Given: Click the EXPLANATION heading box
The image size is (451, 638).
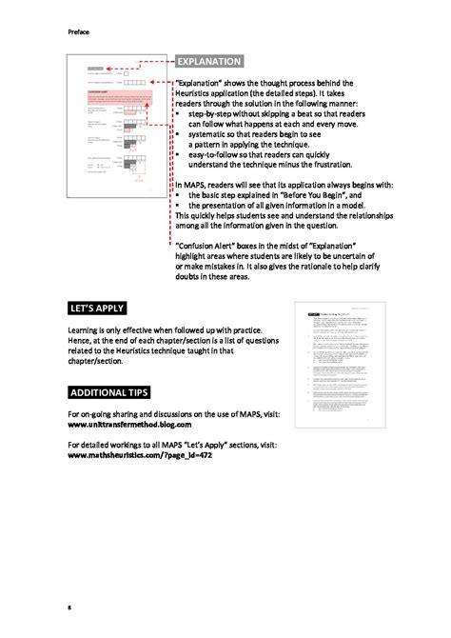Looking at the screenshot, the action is (x=209, y=62).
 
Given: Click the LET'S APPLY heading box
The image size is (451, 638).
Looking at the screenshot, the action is (x=98, y=309).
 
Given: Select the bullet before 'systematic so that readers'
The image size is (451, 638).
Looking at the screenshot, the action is (x=178, y=134).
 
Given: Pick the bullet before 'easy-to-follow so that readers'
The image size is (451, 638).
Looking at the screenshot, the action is (x=178, y=154).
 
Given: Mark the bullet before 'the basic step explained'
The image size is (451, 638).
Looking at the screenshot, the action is (x=178, y=194).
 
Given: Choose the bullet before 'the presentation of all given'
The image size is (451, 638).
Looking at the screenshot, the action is (x=178, y=205).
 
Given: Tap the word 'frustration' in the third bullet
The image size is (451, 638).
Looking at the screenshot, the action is (x=325, y=164).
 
